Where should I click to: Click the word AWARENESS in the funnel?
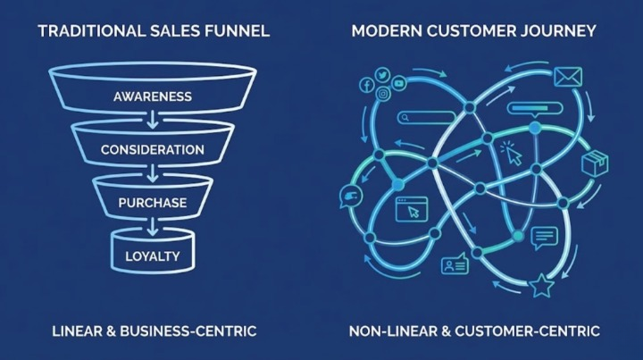click(x=153, y=96)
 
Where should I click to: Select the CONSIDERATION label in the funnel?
click(x=153, y=149)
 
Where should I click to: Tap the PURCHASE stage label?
click(x=153, y=203)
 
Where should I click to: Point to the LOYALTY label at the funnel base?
click(x=153, y=257)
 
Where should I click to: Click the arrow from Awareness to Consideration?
click(x=153, y=116)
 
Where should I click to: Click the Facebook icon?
click(x=366, y=85)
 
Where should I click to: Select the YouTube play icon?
click(x=398, y=83)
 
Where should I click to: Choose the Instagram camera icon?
click(x=383, y=94)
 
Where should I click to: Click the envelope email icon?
click(x=567, y=79)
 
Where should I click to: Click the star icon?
click(x=540, y=288)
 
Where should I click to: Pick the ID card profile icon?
click(x=454, y=265)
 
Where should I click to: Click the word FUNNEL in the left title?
click(x=238, y=31)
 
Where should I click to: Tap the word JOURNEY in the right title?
click(x=563, y=31)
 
